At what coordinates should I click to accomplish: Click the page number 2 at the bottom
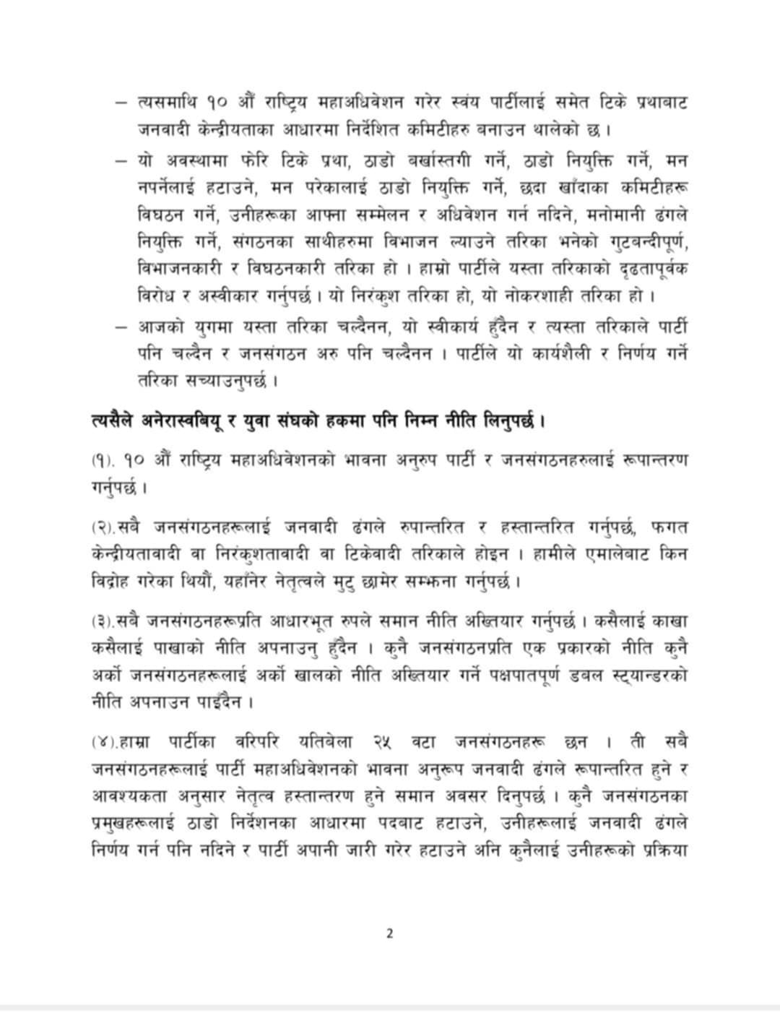[x=390, y=933]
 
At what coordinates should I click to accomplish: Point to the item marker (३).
[x=102, y=621]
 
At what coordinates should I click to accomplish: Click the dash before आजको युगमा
[x=121, y=327]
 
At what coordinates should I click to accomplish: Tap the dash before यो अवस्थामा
[x=121, y=160]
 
